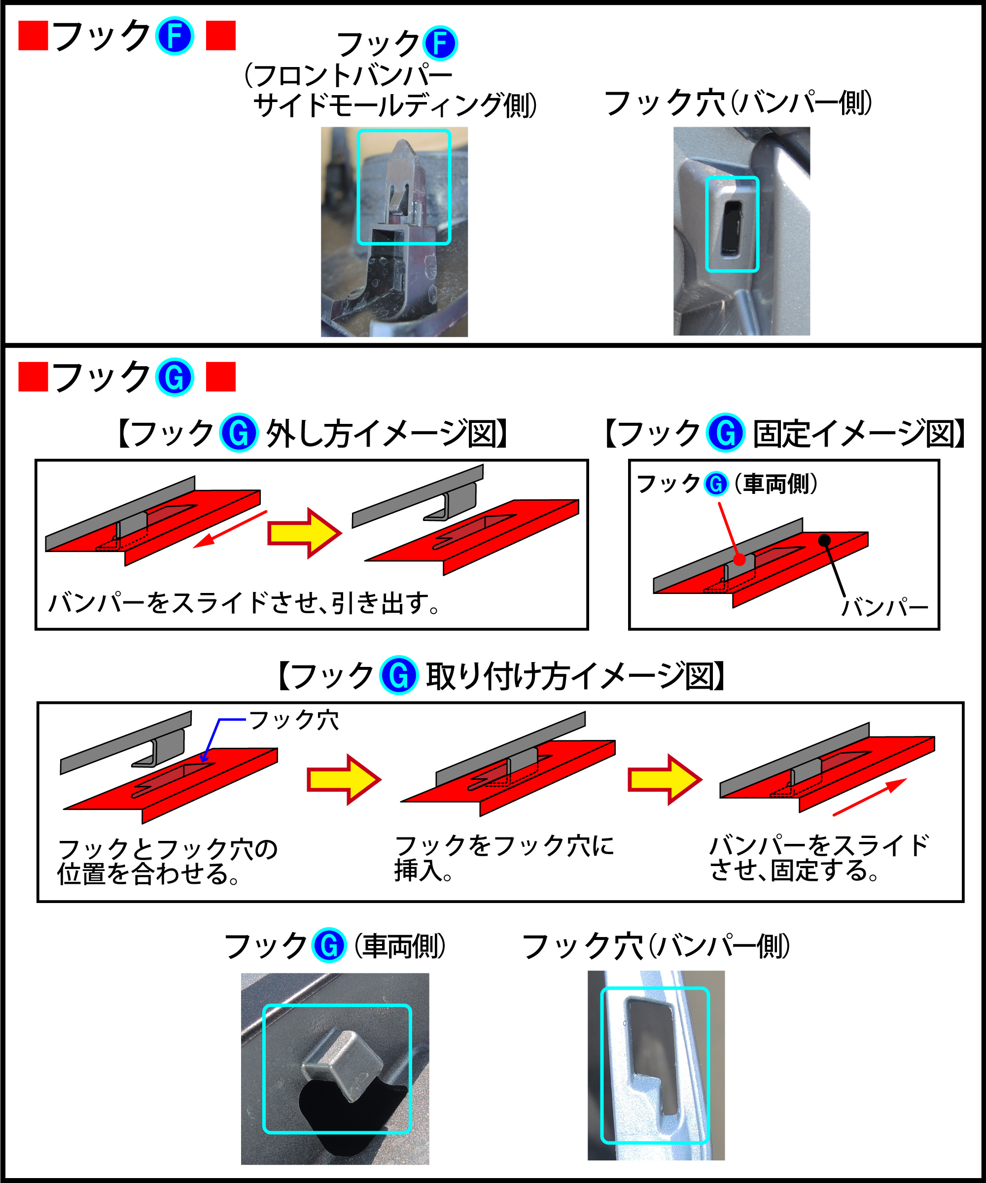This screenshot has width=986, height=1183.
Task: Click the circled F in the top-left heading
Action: (x=175, y=36)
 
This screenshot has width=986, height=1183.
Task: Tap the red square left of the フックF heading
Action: (x=33, y=36)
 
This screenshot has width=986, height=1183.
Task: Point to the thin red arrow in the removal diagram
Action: (x=230, y=529)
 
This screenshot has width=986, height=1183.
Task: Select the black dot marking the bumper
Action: (x=824, y=541)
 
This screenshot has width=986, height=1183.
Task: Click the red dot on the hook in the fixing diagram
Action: (x=740, y=559)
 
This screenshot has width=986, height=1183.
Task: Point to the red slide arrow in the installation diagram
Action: (x=869, y=797)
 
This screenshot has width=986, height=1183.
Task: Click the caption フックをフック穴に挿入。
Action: (x=503, y=857)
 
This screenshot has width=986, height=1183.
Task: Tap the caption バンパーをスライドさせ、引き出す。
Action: (x=244, y=603)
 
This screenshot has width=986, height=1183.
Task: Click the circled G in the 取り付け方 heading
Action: (x=399, y=675)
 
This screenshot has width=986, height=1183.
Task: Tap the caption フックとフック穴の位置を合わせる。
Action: (x=167, y=861)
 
